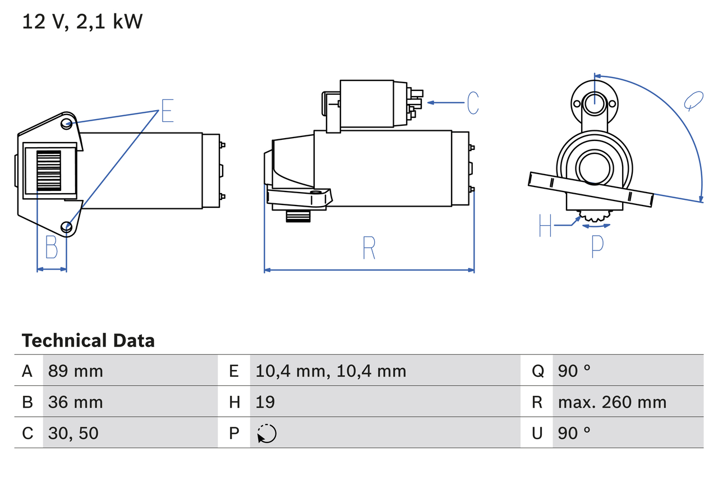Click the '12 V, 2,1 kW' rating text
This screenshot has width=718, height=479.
[x=82, y=22]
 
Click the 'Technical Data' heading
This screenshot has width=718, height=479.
[x=88, y=340]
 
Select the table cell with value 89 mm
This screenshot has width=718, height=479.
[x=76, y=371]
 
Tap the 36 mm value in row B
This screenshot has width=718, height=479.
[x=76, y=402]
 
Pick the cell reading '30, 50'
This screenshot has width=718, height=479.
[x=73, y=433]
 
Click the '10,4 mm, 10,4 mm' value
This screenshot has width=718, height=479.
[x=330, y=371]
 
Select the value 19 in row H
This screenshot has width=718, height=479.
[x=265, y=402]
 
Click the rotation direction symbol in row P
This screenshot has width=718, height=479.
[x=266, y=434]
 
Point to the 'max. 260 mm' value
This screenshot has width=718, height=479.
[x=612, y=402]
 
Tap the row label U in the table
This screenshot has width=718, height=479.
[x=537, y=433]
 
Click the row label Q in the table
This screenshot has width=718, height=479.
[x=537, y=371]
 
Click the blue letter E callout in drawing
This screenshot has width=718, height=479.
[x=167, y=111]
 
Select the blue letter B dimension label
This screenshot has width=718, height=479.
[x=52, y=247]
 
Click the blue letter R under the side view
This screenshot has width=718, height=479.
[x=369, y=248]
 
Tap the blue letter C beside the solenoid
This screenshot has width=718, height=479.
[x=473, y=103]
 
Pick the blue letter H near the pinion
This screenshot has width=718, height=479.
[x=545, y=225]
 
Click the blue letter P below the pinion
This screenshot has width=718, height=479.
[x=597, y=247]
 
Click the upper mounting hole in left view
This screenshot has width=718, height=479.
[x=67, y=123]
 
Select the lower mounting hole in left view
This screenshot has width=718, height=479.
[x=67, y=227]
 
